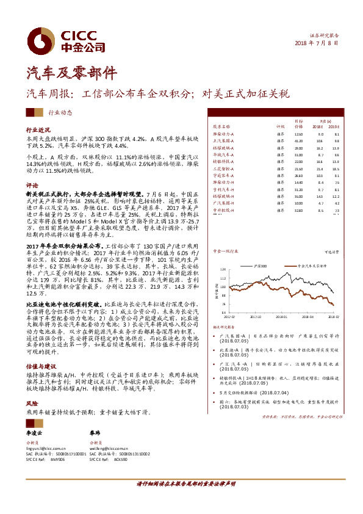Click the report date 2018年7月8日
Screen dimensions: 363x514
(x=317, y=43)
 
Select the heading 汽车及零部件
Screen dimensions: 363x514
(x=63, y=73)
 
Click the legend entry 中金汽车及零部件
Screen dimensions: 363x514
(x=309, y=266)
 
